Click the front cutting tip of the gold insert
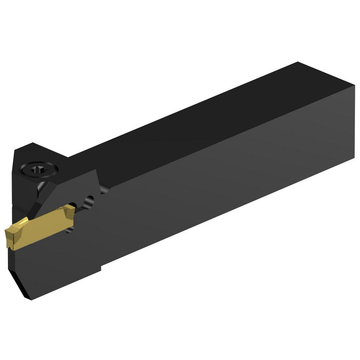click(8, 232)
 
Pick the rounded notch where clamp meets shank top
click(104, 189)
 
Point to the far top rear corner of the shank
click(298, 63)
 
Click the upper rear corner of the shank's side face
click(354, 86)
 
